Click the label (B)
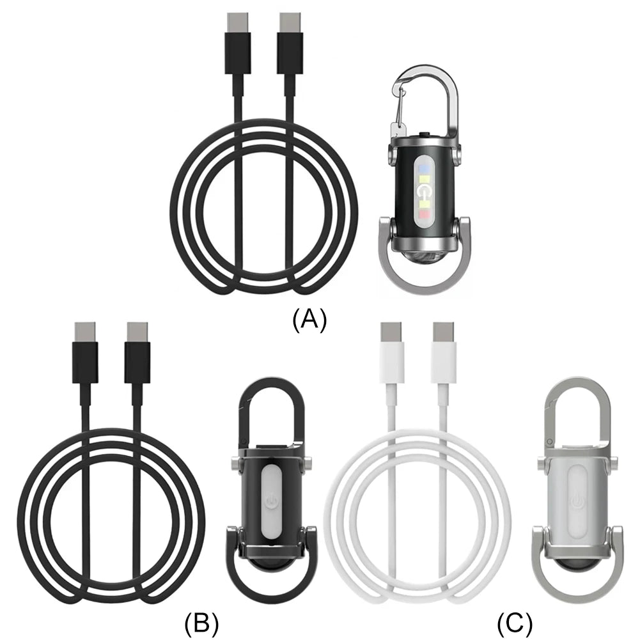(x=201, y=621)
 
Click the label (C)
(x=515, y=621)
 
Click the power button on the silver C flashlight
(x=577, y=499)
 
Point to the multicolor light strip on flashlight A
(x=424, y=190)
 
